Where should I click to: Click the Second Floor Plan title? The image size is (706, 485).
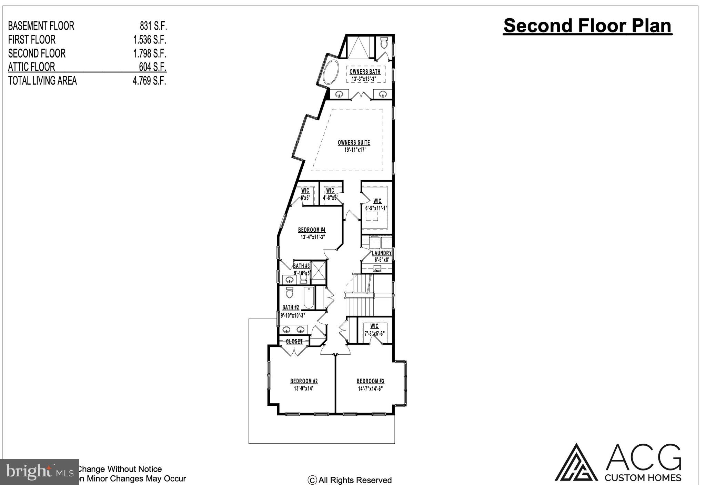(587, 26)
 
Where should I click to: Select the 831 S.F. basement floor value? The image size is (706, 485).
(153, 26)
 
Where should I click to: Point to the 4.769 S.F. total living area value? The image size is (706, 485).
(150, 81)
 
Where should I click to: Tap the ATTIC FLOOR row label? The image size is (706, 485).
(31, 67)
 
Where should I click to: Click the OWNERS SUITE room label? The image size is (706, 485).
(354, 142)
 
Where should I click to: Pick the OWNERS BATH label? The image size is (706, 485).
(365, 72)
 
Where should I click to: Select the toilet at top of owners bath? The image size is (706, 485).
(384, 43)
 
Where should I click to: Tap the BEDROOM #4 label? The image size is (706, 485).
(312, 230)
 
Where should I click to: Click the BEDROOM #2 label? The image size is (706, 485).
(304, 381)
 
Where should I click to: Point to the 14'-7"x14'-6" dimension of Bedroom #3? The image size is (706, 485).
(370, 388)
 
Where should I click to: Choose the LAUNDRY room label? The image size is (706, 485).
(382, 253)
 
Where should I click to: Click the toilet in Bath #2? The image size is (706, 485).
(289, 293)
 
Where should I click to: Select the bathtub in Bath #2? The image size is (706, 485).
(308, 298)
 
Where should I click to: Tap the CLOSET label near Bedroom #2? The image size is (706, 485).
(294, 341)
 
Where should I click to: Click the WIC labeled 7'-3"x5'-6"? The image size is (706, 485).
(374, 330)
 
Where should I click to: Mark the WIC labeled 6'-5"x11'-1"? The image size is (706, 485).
(377, 204)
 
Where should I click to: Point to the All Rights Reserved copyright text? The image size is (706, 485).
(350, 480)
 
